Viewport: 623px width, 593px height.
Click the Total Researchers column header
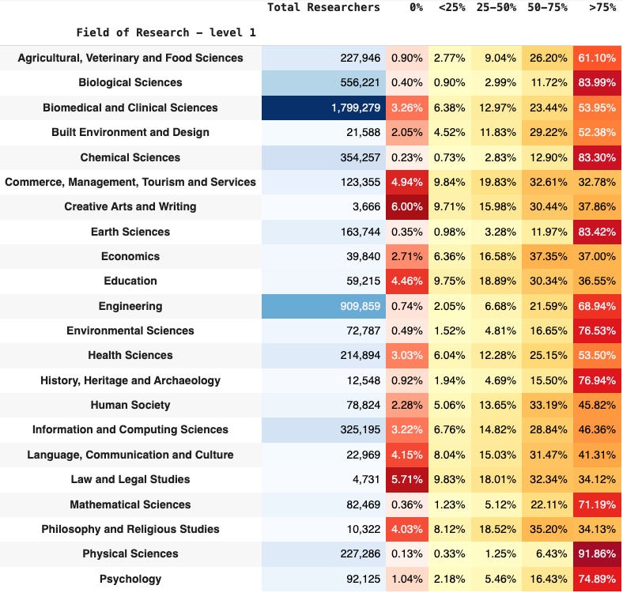pyautogui.click(x=323, y=8)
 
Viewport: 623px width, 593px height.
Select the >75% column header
pyautogui.click(x=602, y=8)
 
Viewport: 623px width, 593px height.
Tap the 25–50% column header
pyautogui.click(x=497, y=8)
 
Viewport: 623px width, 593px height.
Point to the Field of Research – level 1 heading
pyautogui.click(x=166, y=32)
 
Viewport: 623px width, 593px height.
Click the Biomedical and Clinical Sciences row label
pyautogui.click(x=130, y=108)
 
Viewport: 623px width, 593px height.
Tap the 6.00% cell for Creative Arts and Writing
pyautogui.click(x=407, y=206)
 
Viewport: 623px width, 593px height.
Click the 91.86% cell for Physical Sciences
pyautogui.click(x=597, y=553)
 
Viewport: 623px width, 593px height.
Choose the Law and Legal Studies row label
pyautogui.click(x=130, y=479)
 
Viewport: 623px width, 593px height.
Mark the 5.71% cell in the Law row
pyautogui.click(x=407, y=479)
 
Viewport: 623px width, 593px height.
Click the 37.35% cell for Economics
pyautogui.click(x=549, y=256)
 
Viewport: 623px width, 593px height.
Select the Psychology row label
pyautogui.click(x=130, y=579)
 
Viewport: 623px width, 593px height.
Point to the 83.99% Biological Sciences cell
pyautogui.click(x=597, y=83)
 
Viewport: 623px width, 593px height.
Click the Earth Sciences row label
pyautogui.click(x=130, y=232)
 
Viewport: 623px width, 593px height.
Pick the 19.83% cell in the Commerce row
pyautogui.click(x=497, y=182)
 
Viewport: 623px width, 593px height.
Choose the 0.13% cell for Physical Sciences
pyautogui.click(x=407, y=553)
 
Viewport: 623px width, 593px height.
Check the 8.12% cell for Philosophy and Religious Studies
pyautogui.click(x=449, y=530)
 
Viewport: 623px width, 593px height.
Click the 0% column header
pyautogui.click(x=416, y=8)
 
